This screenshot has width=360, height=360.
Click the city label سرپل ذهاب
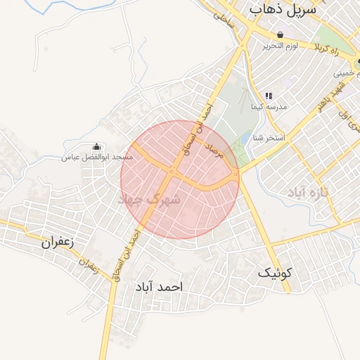282,10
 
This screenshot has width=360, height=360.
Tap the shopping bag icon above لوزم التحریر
281,34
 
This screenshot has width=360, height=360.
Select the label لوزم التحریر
281,46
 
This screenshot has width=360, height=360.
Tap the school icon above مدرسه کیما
268,96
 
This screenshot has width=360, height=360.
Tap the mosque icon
96,147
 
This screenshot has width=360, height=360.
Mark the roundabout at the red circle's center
172,172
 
